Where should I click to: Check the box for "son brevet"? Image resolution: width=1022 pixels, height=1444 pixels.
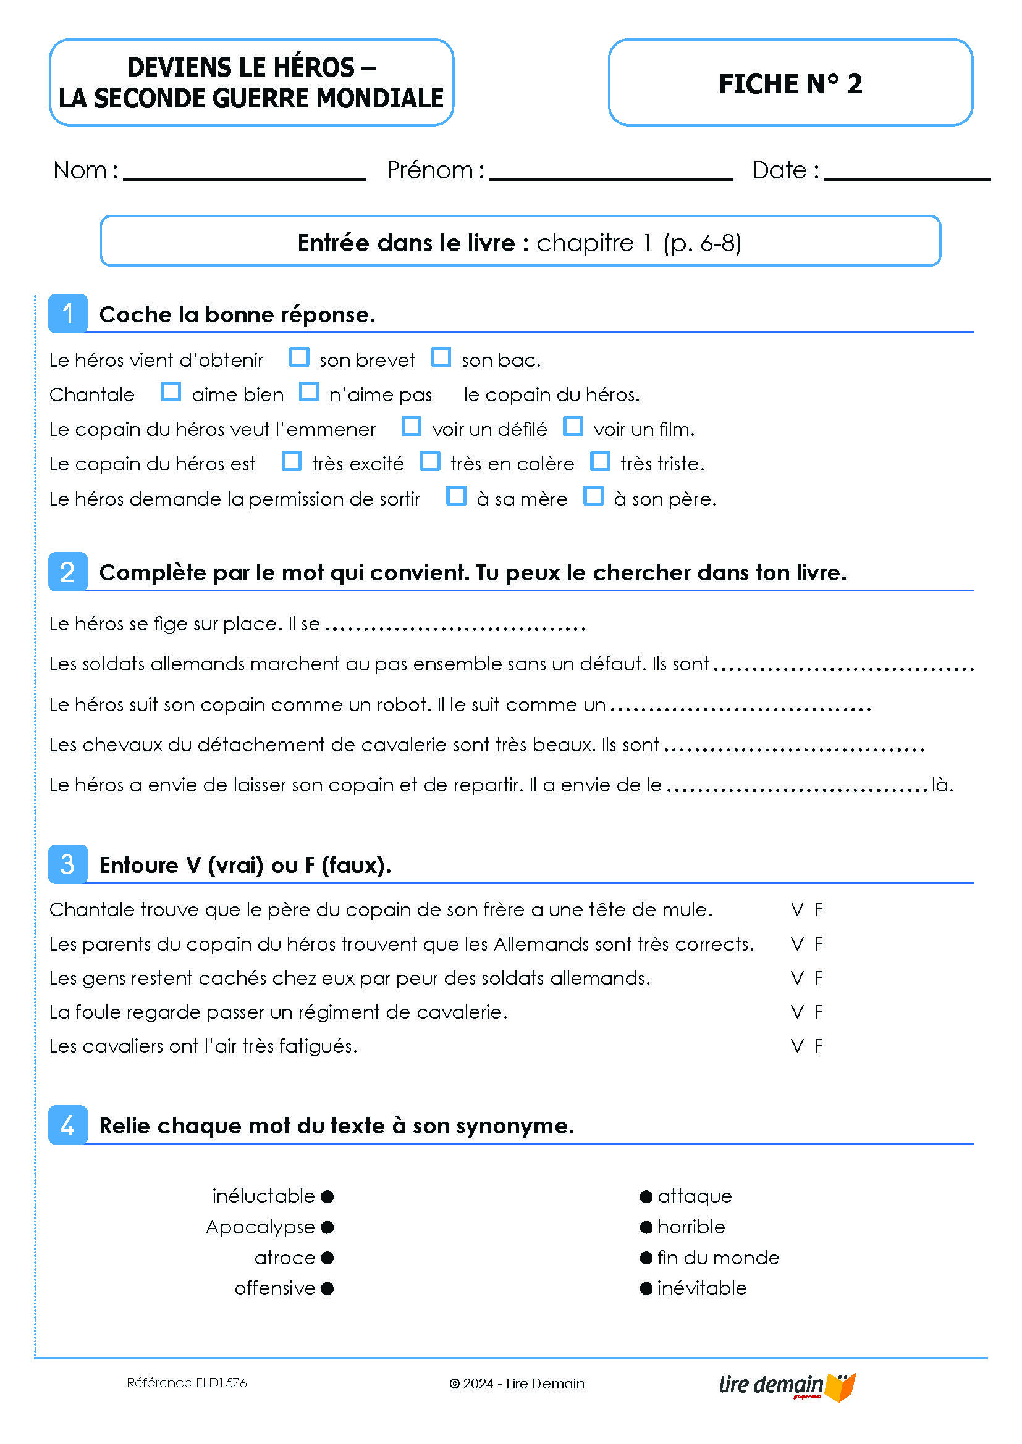tap(299, 357)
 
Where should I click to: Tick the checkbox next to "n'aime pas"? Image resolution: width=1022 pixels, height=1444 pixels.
tap(309, 392)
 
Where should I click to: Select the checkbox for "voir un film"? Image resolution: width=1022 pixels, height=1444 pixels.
tap(573, 427)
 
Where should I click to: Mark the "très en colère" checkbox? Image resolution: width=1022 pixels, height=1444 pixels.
tap(431, 461)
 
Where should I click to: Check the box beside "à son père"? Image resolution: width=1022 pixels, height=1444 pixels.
tap(593, 496)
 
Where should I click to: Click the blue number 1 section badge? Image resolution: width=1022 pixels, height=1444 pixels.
tap(68, 313)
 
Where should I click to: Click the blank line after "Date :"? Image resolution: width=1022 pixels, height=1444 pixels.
tap(907, 172)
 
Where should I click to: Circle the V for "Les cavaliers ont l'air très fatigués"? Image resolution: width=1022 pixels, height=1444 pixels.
tap(797, 1046)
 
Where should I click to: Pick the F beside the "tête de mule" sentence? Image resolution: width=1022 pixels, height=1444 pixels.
tap(819, 909)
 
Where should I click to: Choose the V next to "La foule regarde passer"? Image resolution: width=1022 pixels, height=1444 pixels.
tap(797, 1012)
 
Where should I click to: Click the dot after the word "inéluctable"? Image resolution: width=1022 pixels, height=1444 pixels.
tap(327, 1196)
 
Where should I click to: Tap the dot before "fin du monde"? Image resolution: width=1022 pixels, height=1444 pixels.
tap(646, 1258)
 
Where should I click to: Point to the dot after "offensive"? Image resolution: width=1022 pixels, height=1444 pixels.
tap(327, 1288)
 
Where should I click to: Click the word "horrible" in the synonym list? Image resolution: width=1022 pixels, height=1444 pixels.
tap(691, 1227)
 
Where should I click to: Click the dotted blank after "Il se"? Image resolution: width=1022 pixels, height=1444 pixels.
tap(455, 627)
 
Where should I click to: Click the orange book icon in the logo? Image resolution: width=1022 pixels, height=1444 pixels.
tap(842, 1387)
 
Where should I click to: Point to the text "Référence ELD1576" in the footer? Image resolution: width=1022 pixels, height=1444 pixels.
tap(186, 1383)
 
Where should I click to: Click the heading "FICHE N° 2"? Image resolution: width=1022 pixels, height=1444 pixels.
tap(790, 83)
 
